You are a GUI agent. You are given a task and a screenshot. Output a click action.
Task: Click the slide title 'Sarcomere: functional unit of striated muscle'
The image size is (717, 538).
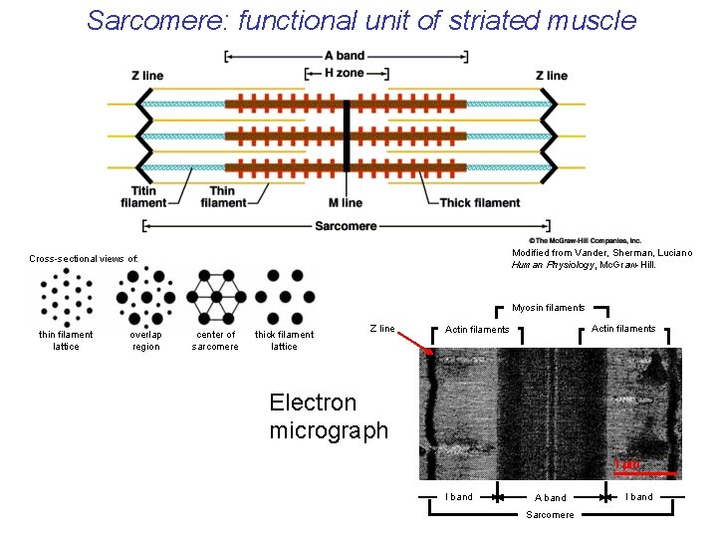click(x=360, y=20)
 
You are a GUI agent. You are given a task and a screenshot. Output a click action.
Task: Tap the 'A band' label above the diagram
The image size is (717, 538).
click(x=345, y=56)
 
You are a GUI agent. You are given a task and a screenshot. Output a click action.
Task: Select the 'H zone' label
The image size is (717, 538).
click(x=345, y=73)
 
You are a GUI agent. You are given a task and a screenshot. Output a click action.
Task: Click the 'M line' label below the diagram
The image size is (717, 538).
click(x=345, y=203)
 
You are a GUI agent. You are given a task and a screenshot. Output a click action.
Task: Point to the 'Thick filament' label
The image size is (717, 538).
click(x=480, y=203)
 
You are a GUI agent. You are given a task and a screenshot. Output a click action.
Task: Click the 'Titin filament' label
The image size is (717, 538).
click(x=143, y=197)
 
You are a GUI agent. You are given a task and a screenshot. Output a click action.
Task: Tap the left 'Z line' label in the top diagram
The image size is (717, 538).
click(x=147, y=76)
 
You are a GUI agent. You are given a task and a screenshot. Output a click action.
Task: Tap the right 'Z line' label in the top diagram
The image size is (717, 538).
click(x=551, y=76)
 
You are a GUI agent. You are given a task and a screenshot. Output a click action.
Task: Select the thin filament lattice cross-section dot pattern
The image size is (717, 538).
click(x=66, y=296)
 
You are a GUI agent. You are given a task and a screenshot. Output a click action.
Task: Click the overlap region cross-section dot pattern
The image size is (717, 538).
click(x=145, y=296)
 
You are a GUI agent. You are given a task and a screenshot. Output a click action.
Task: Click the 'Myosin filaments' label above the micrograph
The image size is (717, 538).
click(x=549, y=308)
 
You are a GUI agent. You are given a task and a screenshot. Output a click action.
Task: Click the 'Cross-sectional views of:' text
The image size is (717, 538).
click(x=84, y=259)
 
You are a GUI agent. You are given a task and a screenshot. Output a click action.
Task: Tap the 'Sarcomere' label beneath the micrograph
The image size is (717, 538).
click(x=551, y=514)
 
